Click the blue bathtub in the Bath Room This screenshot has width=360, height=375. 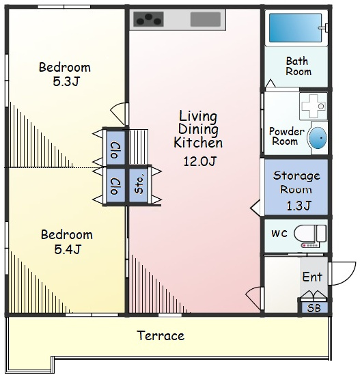pyautogui.click(x=295, y=28)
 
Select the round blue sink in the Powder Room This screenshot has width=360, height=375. pyautogui.click(x=318, y=138)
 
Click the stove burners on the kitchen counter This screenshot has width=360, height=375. pyautogui.click(x=148, y=19)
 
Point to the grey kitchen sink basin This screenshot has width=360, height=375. pyautogui.click(x=206, y=19)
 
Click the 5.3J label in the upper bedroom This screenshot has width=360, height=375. pyautogui.click(x=66, y=82)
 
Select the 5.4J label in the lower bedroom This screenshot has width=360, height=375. pyautogui.click(x=68, y=249)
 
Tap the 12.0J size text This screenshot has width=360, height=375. pyautogui.click(x=200, y=161)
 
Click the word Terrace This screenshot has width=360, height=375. pyautogui.click(x=161, y=335)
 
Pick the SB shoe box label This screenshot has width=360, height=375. pyautogui.click(x=314, y=308)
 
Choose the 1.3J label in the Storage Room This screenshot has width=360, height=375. pyautogui.click(x=299, y=206)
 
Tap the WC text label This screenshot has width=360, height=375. pyautogui.click(x=279, y=234)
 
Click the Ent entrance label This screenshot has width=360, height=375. pyautogui.click(x=312, y=277)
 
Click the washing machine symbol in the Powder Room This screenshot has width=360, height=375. pyautogui.click(x=314, y=106)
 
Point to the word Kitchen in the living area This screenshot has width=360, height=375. pyautogui.click(x=198, y=143)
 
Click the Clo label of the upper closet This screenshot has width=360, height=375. pyautogui.click(x=115, y=150)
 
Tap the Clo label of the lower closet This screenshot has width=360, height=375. pyautogui.click(x=115, y=186)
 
